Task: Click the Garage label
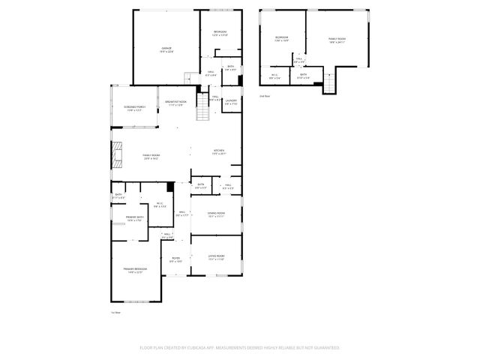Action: pos(166,49)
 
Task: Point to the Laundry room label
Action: pos(231,102)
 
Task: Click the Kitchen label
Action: pos(218,152)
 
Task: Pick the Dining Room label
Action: pos(216,214)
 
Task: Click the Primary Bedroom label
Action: pos(135,270)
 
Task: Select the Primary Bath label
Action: pos(135,219)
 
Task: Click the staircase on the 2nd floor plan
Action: pos(328,85)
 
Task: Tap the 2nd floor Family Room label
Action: pos(337,40)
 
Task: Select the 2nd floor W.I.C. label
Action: pos(274,76)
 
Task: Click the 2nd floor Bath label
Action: pos(304,76)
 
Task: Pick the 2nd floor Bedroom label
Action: pos(282,39)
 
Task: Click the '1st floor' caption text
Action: pos(115,312)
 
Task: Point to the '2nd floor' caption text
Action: pos(264,96)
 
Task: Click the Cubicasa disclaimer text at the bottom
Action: pos(240,348)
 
